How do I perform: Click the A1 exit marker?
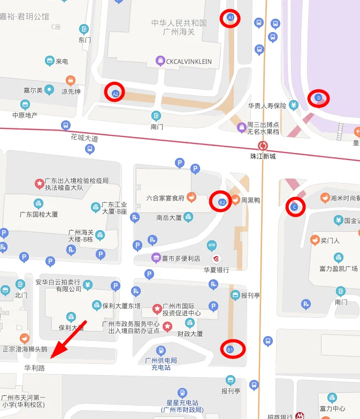231,18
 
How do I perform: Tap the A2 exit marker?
114,93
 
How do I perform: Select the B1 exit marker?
231,349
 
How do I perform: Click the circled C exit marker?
295,207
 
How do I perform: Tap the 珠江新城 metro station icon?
263,146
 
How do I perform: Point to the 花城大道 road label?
85,138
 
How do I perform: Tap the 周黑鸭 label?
250,201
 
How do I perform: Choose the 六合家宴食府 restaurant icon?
190,197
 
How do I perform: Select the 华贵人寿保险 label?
267,105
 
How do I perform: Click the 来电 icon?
50,61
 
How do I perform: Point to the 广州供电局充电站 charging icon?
160,350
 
